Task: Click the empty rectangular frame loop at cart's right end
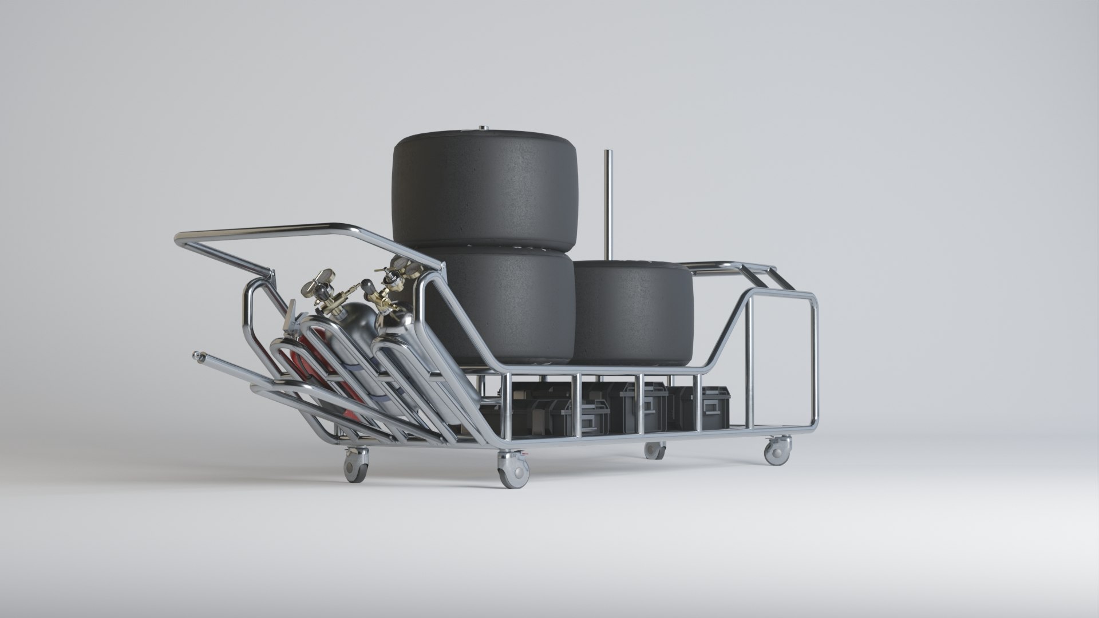click(784, 360)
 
